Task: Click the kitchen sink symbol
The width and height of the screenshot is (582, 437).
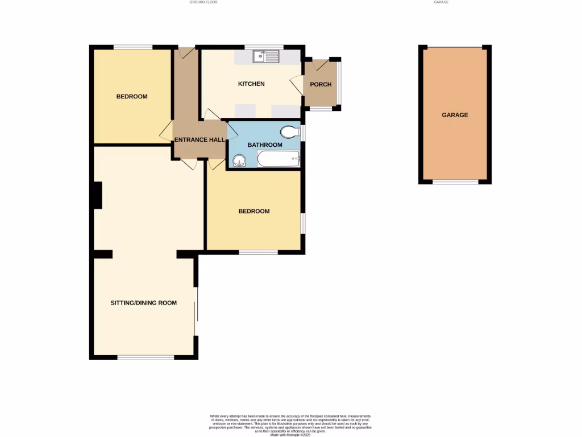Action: [x=266, y=56]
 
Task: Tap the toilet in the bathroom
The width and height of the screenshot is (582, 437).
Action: [x=289, y=132]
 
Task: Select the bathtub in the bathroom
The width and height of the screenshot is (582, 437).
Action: [x=278, y=159]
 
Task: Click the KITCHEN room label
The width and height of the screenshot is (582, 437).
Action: [x=251, y=84]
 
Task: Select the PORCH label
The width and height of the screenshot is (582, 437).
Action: [x=321, y=85]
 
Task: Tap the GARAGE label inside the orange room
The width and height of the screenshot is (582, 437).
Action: [x=455, y=115]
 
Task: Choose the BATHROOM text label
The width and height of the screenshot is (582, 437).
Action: [x=264, y=145]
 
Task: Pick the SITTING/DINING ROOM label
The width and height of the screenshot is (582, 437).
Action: [x=143, y=303]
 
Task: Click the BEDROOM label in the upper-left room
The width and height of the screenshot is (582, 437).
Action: [x=132, y=97]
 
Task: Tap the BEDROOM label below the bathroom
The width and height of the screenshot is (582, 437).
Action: [x=253, y=211]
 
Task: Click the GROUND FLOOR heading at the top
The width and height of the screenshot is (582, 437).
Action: [x=203, y=2]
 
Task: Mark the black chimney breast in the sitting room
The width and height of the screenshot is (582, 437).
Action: [x=98, y=195]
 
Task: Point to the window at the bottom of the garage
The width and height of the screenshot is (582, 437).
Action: [x=455, y=182]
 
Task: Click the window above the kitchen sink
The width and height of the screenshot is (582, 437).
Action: [x=264, y=46]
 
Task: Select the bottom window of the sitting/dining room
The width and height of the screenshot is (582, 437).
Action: [x=145, y=357]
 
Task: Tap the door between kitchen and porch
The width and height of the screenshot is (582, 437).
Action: [x=297, y=85]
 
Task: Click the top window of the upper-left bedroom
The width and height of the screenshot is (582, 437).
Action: [x=133, y=47]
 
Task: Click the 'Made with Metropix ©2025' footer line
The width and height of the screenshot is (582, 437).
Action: [x=290, y=435]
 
